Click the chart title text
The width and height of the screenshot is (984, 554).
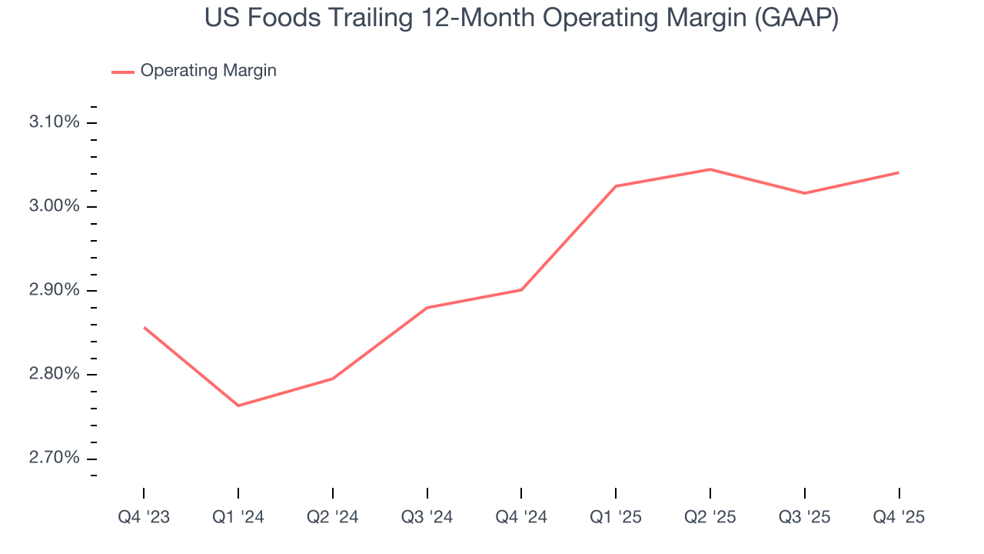pos(521,18)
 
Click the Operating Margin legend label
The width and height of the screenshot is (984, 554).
pos(208,71)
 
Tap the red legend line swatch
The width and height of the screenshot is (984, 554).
pos(123,72)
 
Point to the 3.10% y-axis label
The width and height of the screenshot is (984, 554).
pos(54,122)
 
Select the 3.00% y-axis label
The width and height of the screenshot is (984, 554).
pos(54,206)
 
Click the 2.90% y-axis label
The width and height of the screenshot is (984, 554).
pos(54,290)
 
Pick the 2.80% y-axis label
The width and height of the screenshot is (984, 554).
pos(54,374)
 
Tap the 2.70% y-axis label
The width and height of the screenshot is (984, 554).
pos(54,458)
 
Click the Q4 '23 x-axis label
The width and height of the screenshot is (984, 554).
pos(144,518)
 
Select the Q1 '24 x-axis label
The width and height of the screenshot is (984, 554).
pos(238,518)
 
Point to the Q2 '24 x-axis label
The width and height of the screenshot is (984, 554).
pos(332,518)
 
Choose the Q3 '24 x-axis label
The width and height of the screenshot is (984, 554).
pos(427,518)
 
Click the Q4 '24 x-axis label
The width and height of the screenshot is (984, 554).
pos(521,518)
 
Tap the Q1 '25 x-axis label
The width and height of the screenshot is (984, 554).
pos(616,518)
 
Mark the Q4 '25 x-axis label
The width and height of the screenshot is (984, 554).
pos(899,518)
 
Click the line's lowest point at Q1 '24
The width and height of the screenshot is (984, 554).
pos(238,405)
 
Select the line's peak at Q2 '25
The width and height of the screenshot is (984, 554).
pos(710,169)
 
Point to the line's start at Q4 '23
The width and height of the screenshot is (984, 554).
pos(144,327)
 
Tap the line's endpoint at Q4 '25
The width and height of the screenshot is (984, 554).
pos(899,172)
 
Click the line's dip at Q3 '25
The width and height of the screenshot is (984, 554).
pos(804,193)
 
